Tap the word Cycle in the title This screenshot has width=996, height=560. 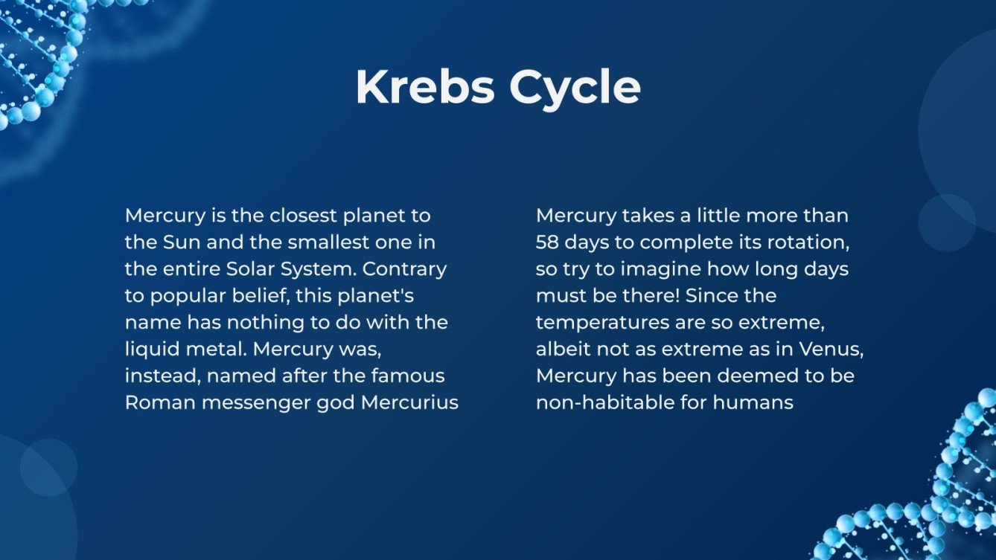pyautogui.click(x=575, y=88)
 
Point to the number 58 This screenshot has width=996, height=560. pyautogui.click(x=549, y=242)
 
